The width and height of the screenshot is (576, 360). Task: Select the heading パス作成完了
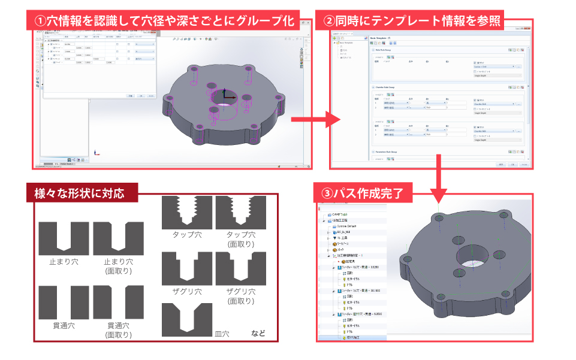point(366,193)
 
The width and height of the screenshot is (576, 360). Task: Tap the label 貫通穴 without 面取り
point(63,326)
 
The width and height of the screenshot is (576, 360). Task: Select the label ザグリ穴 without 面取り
point(187,292)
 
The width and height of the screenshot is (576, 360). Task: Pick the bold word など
point(258,334)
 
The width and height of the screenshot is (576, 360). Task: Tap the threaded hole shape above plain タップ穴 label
point(187,212)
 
